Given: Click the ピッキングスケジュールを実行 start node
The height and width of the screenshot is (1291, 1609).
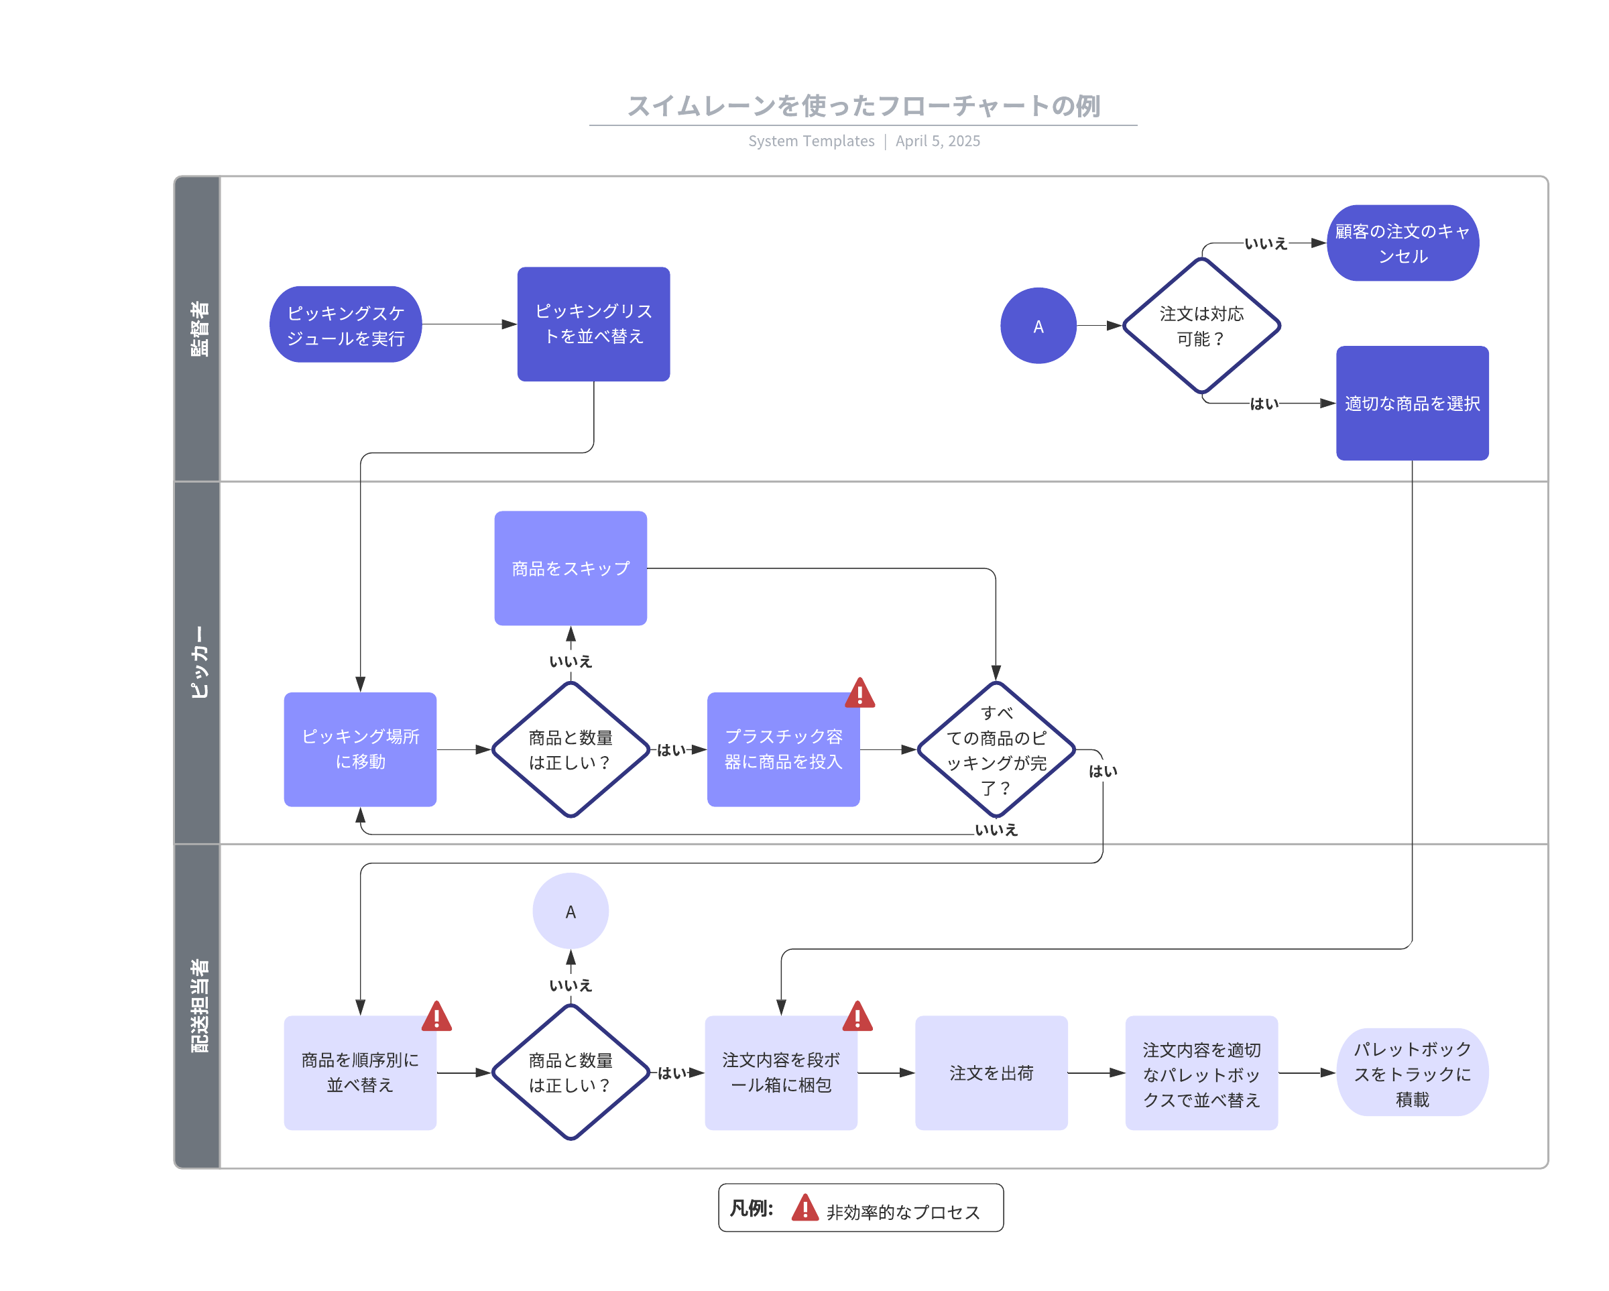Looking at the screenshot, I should (x=345, y=324).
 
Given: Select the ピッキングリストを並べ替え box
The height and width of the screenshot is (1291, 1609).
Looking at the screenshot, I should (x=593, y=324).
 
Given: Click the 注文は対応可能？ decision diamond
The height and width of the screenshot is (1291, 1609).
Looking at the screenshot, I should (x=1201, y=325).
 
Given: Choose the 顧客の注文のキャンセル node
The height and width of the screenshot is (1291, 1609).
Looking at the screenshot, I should (x=1403, y=243).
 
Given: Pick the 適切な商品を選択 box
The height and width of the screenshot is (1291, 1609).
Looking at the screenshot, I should (x=1411, y=403).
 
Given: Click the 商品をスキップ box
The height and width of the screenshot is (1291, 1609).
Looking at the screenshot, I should (x=570, y=568).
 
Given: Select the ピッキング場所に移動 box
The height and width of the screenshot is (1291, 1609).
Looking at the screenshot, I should (x=360, y=749).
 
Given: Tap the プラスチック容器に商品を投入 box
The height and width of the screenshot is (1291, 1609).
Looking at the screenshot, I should (x=783, y=749).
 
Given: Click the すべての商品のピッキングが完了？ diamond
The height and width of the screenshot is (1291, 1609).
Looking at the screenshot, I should (x=996, y=749).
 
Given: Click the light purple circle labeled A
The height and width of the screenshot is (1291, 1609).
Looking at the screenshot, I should (x=570, y=911).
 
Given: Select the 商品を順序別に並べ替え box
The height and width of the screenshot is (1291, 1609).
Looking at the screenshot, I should (x=360, y=1072).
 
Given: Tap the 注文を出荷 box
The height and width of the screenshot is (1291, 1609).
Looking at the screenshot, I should (x=991, y=1072).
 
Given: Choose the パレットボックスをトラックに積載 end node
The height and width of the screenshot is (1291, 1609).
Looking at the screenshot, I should (x=1411, y=1072).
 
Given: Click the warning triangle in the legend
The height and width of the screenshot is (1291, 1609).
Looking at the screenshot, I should (x=804, y=1207).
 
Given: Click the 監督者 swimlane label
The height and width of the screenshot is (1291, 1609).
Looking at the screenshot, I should (x=198, y=329).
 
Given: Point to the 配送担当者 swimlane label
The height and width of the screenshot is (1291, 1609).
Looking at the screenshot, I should (x=198, y=1005).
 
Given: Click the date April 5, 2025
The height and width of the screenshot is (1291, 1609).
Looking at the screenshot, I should (x=937, y=141).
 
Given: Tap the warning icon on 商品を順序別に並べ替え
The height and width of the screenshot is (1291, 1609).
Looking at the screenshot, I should (x=436, y=1017).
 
